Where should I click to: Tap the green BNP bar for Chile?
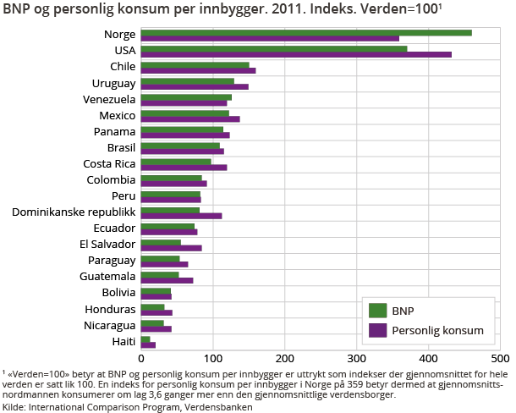point(195,64)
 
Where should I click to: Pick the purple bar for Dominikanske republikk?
point(181,216)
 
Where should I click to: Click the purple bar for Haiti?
point(148,344)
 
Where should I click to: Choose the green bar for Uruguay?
point(187,81)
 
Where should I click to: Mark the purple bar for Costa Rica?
point(184,168)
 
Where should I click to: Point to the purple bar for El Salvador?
point(171,248)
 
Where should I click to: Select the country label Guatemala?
point(108,276)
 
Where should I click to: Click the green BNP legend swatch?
point(378,310)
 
